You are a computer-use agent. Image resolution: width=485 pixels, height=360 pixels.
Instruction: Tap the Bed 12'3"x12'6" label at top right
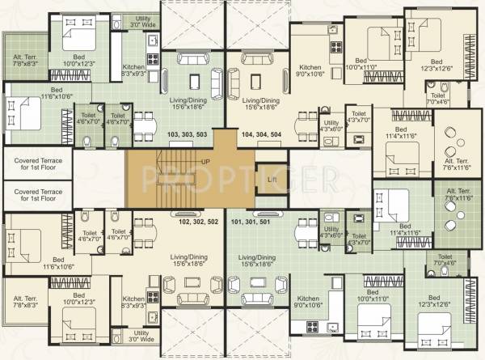pos(436,66)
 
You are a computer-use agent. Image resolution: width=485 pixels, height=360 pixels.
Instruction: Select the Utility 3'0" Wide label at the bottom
pos(142,336)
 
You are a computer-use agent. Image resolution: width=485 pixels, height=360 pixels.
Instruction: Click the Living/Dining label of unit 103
pos(188,104)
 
